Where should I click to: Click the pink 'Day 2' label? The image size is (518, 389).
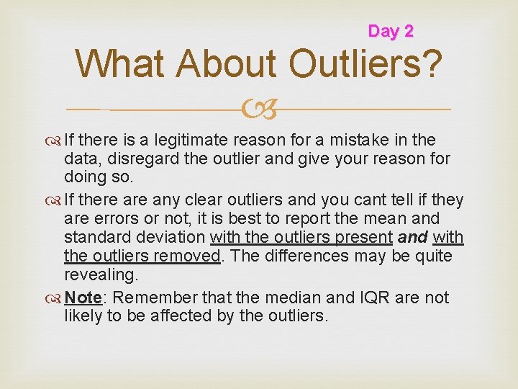point(391,31)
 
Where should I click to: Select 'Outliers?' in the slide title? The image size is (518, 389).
point(365,64)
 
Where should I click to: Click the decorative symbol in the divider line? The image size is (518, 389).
point(258,109)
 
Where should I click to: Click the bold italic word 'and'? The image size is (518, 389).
point(412,237)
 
